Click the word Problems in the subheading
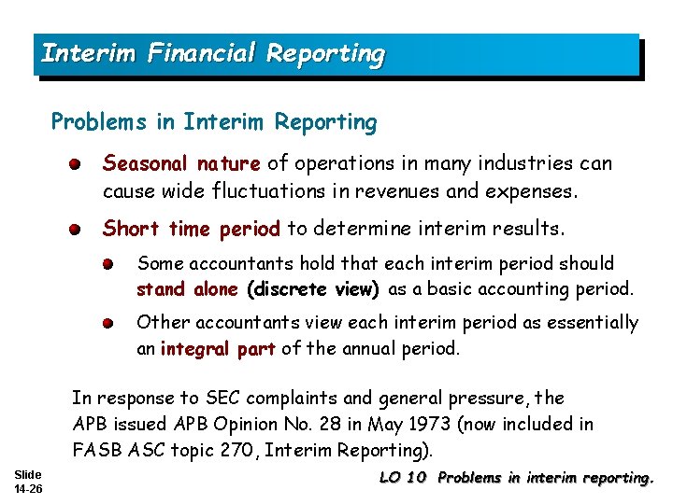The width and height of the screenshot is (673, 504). coord(90,122)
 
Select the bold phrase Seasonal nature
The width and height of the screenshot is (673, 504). coord(181,164)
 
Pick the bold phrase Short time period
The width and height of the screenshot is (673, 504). coord(192,229)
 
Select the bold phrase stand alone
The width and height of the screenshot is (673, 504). coord(187,289)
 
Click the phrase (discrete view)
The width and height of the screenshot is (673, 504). coord(313,289)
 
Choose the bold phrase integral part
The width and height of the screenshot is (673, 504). coord(218,350)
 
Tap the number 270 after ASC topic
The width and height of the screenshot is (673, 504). coord(241,450)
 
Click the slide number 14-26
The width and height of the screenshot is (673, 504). coord(28,487)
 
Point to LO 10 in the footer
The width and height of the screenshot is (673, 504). coord(403,479)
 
